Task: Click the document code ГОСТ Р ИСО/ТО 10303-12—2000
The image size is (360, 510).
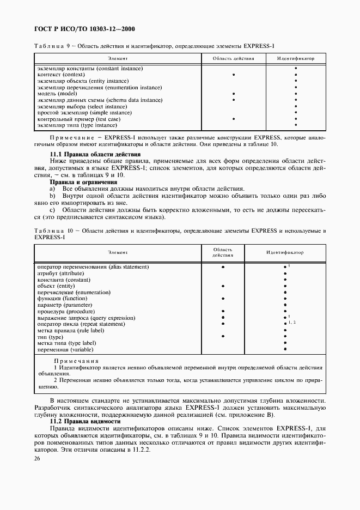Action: (84, 28)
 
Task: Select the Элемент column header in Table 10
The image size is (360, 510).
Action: (118, 253)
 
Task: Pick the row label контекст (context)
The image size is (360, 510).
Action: (60, 75)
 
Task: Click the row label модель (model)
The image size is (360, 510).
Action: (58, 94)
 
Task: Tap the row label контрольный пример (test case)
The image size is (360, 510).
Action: (78, 119)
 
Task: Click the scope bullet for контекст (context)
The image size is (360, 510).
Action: (233, 75)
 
